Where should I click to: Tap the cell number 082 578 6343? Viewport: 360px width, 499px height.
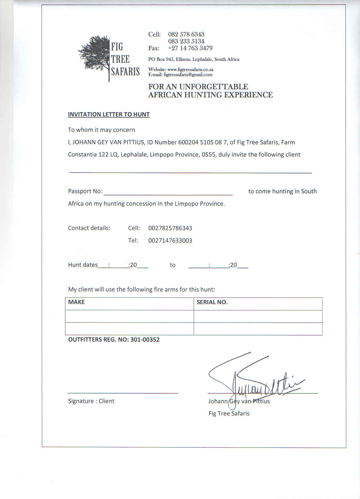pos(186,34)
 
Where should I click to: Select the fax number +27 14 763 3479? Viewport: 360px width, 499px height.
pos(190,48)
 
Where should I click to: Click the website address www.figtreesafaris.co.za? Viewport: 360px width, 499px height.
pos(190,69)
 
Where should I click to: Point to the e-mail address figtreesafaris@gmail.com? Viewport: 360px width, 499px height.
pos(188,75)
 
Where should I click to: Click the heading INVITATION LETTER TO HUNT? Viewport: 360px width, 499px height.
pos(109,114)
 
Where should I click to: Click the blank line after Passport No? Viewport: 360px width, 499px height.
pos(168,192)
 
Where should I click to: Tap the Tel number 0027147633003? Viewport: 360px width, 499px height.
pos(170,241)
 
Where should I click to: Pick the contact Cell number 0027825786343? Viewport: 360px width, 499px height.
pos(170,228)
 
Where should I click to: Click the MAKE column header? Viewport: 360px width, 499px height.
pos(76,302)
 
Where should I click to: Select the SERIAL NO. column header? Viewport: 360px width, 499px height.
pos(212,302)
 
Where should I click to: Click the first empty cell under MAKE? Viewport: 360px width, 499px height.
pos(129,316)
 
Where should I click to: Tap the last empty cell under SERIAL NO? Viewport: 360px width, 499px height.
pos(258,329)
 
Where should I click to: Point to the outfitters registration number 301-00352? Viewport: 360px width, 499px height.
pos(145,340)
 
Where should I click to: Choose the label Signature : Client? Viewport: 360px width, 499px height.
pos(91,401)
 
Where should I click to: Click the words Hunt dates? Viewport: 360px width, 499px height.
pos(83,265)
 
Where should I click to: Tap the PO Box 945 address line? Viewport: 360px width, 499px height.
pos(194,59)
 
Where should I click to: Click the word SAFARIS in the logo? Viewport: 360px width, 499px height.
pos(125,71)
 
